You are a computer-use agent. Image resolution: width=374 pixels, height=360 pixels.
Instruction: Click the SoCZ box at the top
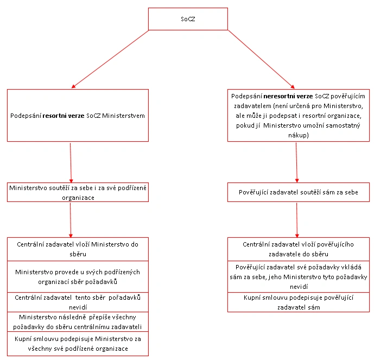click(x=188, y=19)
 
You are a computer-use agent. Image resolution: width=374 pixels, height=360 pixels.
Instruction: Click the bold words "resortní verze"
click(x=64, y=116)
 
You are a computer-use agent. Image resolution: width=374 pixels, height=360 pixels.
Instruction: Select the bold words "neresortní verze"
click(x=288, y=96)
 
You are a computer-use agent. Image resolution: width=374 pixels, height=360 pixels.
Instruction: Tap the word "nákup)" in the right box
click(x=299, y=135)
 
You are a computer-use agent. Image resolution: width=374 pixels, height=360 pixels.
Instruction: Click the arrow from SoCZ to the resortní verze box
click(x=110, y=59)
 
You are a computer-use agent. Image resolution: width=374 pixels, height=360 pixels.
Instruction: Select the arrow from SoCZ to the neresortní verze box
click(x=262, y=59)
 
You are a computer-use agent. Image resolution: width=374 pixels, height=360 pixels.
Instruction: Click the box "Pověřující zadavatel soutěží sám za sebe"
click(x=299, y=192)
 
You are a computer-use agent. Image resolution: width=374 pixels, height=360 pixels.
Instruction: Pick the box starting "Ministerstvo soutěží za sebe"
click(x=78, y=192)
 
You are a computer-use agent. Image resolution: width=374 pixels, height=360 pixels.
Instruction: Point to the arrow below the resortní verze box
click(x=71, y=163)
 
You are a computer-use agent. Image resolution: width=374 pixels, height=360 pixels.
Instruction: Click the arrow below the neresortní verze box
click(x=296, y=163)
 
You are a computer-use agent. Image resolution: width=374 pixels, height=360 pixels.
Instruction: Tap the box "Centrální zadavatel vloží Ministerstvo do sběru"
click(x=78, y=249)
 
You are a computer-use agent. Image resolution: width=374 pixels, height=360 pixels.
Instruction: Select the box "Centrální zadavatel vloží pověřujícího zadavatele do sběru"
click(x=299, y=249)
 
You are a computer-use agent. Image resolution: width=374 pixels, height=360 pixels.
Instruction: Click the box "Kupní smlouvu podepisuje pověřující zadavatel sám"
click(x=299, y=302)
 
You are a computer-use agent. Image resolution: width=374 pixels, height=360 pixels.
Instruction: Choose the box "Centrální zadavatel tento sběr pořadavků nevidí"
click(x=78, y=302)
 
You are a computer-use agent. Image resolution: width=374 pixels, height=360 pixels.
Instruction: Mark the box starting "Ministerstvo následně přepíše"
click(x=78, y=322)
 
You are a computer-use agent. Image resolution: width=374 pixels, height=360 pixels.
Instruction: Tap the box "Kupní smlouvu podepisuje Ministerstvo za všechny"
click(x=78, y=344)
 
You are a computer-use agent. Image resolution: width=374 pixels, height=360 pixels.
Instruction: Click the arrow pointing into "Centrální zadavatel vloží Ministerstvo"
click(x=71, y=220)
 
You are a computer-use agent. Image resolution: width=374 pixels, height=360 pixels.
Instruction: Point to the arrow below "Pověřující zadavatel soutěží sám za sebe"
click(x=297, y=220)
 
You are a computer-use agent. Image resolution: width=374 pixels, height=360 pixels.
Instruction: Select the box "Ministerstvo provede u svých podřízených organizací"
click(x=78, y=277)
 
